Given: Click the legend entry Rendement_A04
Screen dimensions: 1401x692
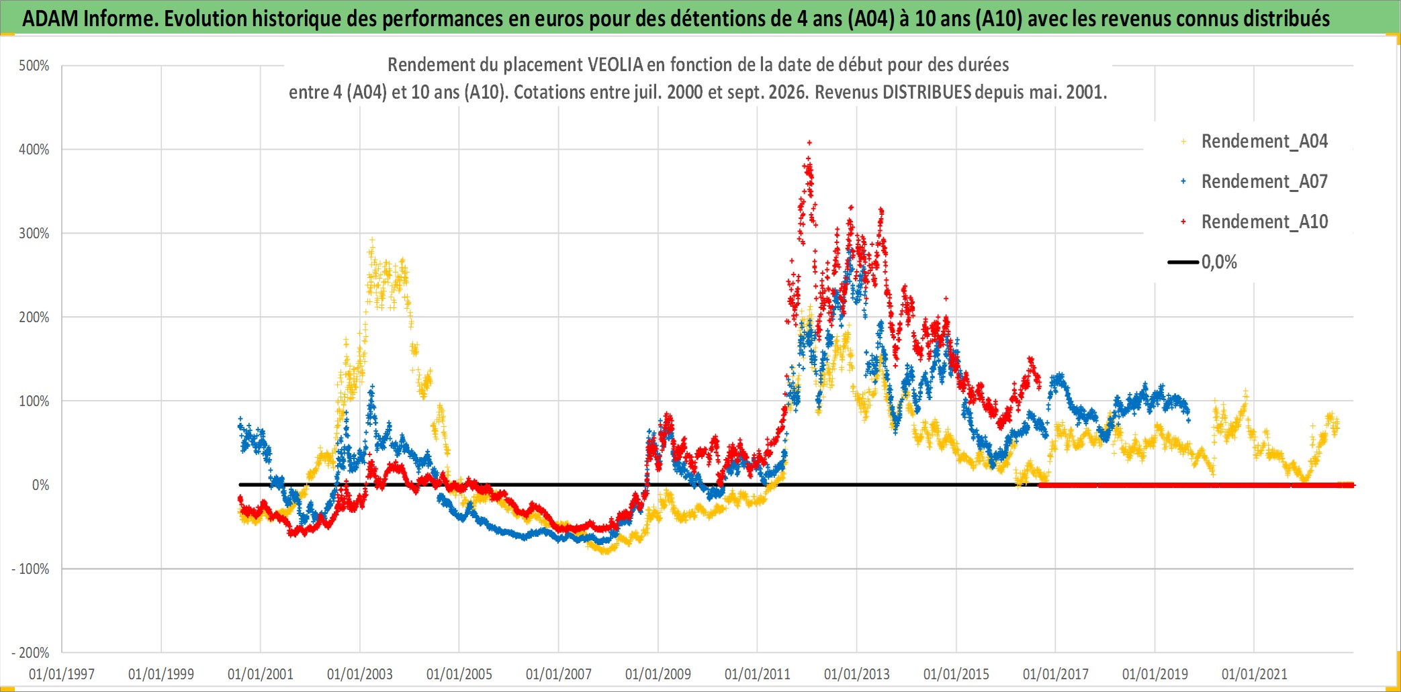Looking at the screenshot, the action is pyautogui.click(x=1255, y=141).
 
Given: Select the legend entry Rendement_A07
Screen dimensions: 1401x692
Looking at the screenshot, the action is pyautogui.click(x=1255, y=181).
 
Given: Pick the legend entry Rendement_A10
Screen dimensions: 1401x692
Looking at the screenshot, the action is pyautogui.click(x=1255, y=221).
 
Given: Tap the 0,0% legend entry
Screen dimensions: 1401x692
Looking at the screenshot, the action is pyautogui.click(x=1203, y=262).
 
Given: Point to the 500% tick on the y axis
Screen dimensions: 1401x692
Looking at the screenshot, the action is pyautogui.click(x=34, y=66).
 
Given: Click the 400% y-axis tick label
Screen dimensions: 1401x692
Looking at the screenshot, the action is pyautogui.click(x=34, y=150).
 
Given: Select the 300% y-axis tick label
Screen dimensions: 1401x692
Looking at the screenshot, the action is pyautogui.click(x=34, y=234).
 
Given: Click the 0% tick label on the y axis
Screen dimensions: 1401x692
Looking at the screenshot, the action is pyautogui.click(x=40, y=485).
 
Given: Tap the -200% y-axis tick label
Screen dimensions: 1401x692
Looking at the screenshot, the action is pyautogui.click(x=30, y=652).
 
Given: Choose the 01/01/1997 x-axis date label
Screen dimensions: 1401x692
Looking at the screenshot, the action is pyautogui.click(x=62, y=674).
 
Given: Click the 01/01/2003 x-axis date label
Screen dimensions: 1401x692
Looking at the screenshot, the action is pyautogui.click(x=360, y=674).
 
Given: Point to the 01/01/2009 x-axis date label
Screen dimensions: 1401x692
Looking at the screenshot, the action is pyautogui.click(x=658, y=674).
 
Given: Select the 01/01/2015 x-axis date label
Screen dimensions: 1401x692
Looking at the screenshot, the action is pyautogui.click(x=956, y=674).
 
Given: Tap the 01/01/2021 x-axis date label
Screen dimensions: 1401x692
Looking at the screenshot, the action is pyautogui.click(x=1255, y=674).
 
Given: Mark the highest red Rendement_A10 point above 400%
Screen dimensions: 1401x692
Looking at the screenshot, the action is pyautogui.click(x=809, y=142).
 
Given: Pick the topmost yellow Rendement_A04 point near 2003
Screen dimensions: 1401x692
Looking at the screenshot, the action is pyautogui.click(x=371, y=239).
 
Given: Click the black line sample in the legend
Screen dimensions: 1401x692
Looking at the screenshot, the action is pyautogui.click(x=1183, y=262).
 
